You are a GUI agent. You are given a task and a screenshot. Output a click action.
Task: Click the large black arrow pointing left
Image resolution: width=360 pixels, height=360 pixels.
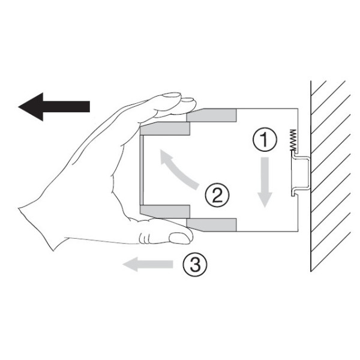tap(54, 107)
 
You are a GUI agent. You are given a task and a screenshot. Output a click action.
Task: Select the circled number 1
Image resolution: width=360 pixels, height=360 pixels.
tap(265, 139)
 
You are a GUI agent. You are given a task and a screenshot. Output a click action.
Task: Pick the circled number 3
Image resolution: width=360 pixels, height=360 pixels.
tap(195, 264)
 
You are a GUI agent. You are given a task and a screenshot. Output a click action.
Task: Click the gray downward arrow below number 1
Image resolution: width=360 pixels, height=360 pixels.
tap(265, 182)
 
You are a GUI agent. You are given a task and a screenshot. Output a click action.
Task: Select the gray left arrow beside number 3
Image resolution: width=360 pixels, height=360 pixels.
tap(148, 264)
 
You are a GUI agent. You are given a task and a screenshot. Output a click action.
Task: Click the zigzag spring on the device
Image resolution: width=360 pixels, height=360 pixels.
tap(293, 140)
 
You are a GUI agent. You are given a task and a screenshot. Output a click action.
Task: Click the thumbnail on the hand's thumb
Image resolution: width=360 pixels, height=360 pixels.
tap(179, 238)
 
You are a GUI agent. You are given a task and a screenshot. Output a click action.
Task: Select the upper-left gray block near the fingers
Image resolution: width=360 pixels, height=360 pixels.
tap(165, 128)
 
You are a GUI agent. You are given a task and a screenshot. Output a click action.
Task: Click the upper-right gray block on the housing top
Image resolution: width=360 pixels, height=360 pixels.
tap(212, 115)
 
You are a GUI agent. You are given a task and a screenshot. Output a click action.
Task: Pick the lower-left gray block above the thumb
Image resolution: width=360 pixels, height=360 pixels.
tap(165, 211)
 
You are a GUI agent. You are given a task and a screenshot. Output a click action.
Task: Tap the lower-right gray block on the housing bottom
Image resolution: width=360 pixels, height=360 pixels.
tap(212, 225)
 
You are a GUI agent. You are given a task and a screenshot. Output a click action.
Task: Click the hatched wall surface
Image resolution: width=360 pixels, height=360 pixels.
tap(331, 176)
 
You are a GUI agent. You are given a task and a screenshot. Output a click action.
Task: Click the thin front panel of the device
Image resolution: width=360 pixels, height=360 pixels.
tap(142, 170)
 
